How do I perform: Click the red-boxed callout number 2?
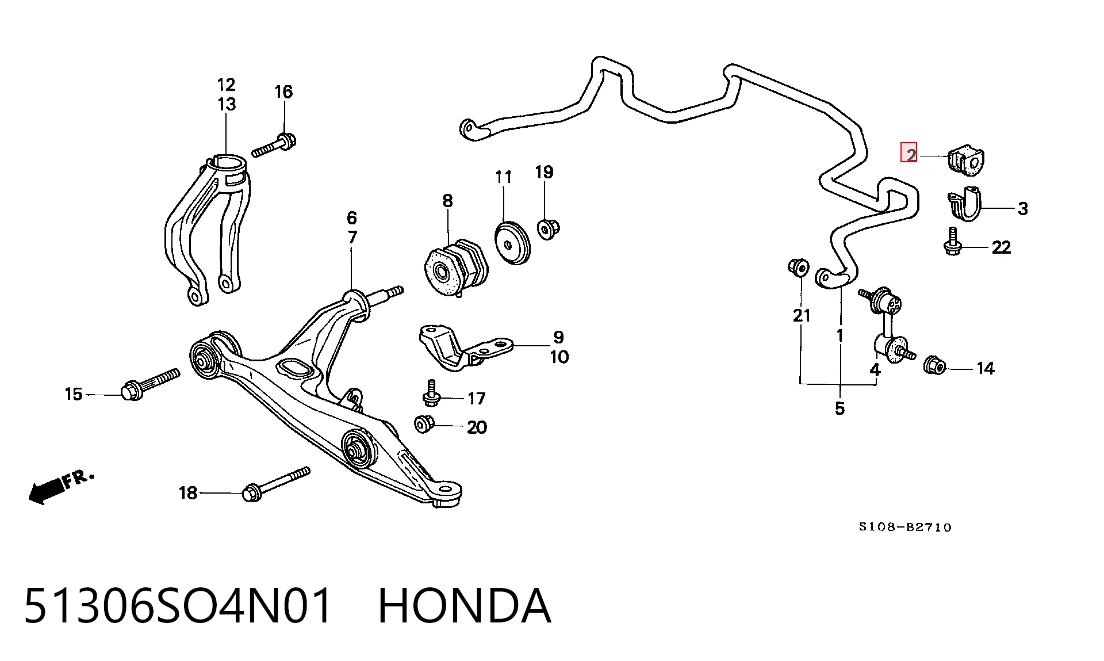[909, 152]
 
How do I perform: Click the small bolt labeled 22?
[953, 242]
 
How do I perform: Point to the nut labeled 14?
[934, 365]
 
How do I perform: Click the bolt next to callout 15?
[151, 384]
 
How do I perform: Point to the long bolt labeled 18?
[276, 484]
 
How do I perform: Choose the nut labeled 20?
[425, 423]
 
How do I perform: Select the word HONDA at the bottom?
[465, 606]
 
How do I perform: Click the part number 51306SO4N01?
[178, 606]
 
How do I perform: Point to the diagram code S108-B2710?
[905, 527]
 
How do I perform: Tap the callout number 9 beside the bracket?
[558, 337]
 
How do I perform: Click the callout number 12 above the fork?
[227, 85]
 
